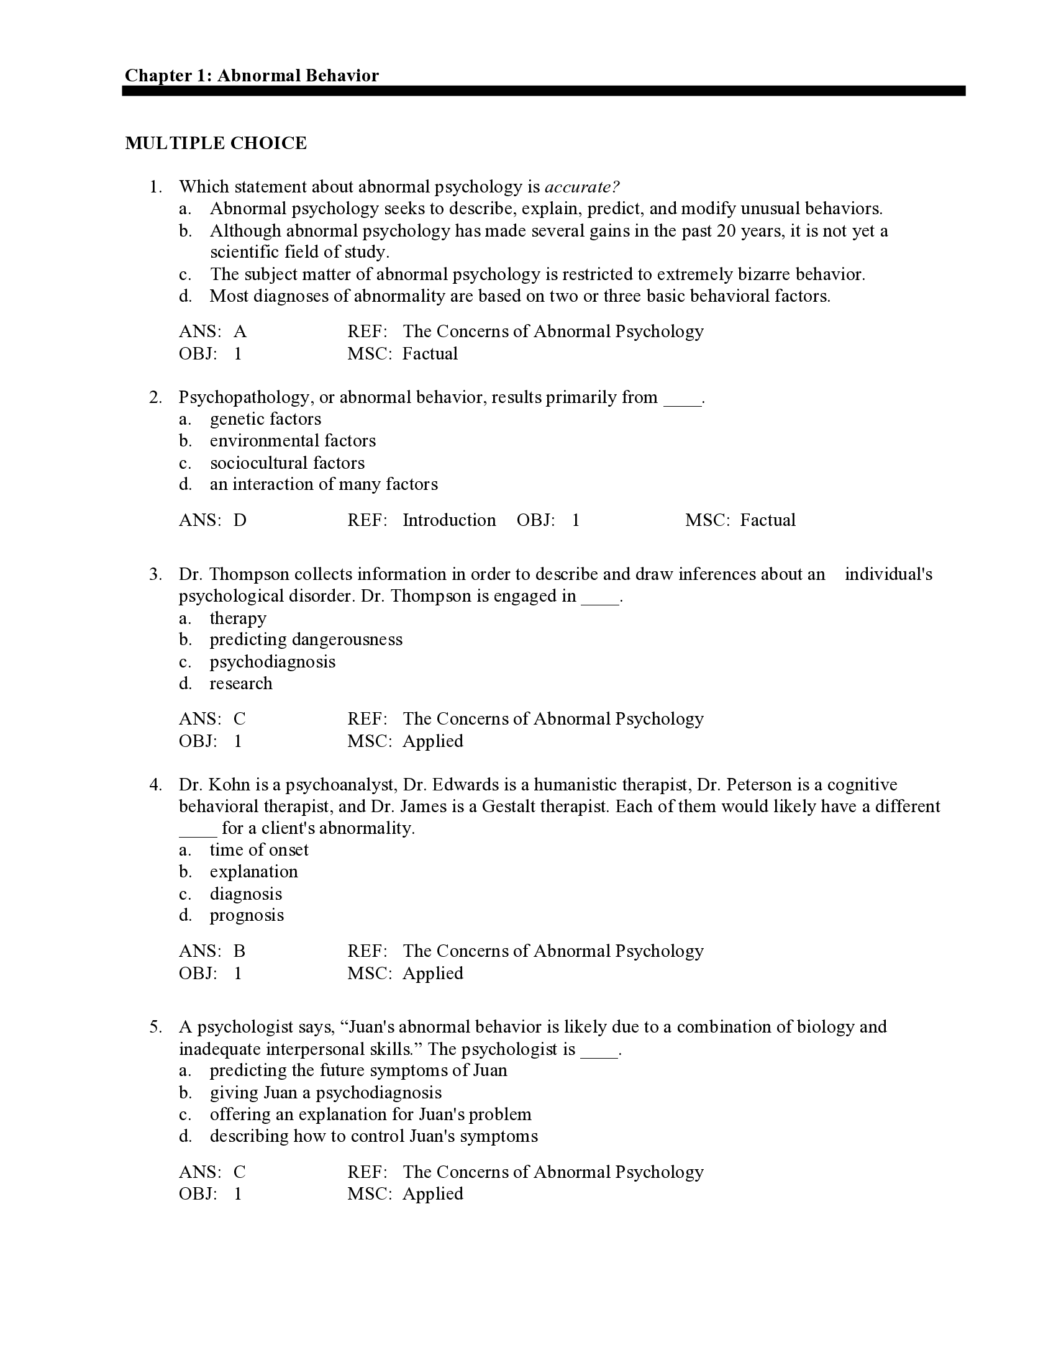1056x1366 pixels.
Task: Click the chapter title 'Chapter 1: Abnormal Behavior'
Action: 252,76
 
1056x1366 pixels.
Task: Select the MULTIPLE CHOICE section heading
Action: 216,143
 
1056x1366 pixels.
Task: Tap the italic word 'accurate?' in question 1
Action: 582,187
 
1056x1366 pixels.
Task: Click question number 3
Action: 155,574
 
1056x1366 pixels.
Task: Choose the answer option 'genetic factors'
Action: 265,419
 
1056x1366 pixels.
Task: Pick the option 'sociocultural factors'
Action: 287,463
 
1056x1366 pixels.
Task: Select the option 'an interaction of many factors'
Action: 324,484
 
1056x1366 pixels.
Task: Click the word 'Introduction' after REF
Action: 448,520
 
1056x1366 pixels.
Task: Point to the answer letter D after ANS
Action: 240,520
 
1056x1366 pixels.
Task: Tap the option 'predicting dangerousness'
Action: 306,640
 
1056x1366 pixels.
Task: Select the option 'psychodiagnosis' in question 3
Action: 272,662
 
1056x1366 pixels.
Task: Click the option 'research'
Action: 241,684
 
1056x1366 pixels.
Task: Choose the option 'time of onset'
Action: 259,850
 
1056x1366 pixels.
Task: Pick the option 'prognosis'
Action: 247,916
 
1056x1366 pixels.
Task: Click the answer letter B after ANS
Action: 239,951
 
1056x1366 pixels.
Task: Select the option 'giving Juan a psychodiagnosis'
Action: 325,1093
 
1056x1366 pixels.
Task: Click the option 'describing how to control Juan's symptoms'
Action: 373,1136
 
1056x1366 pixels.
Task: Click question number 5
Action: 155,1027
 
